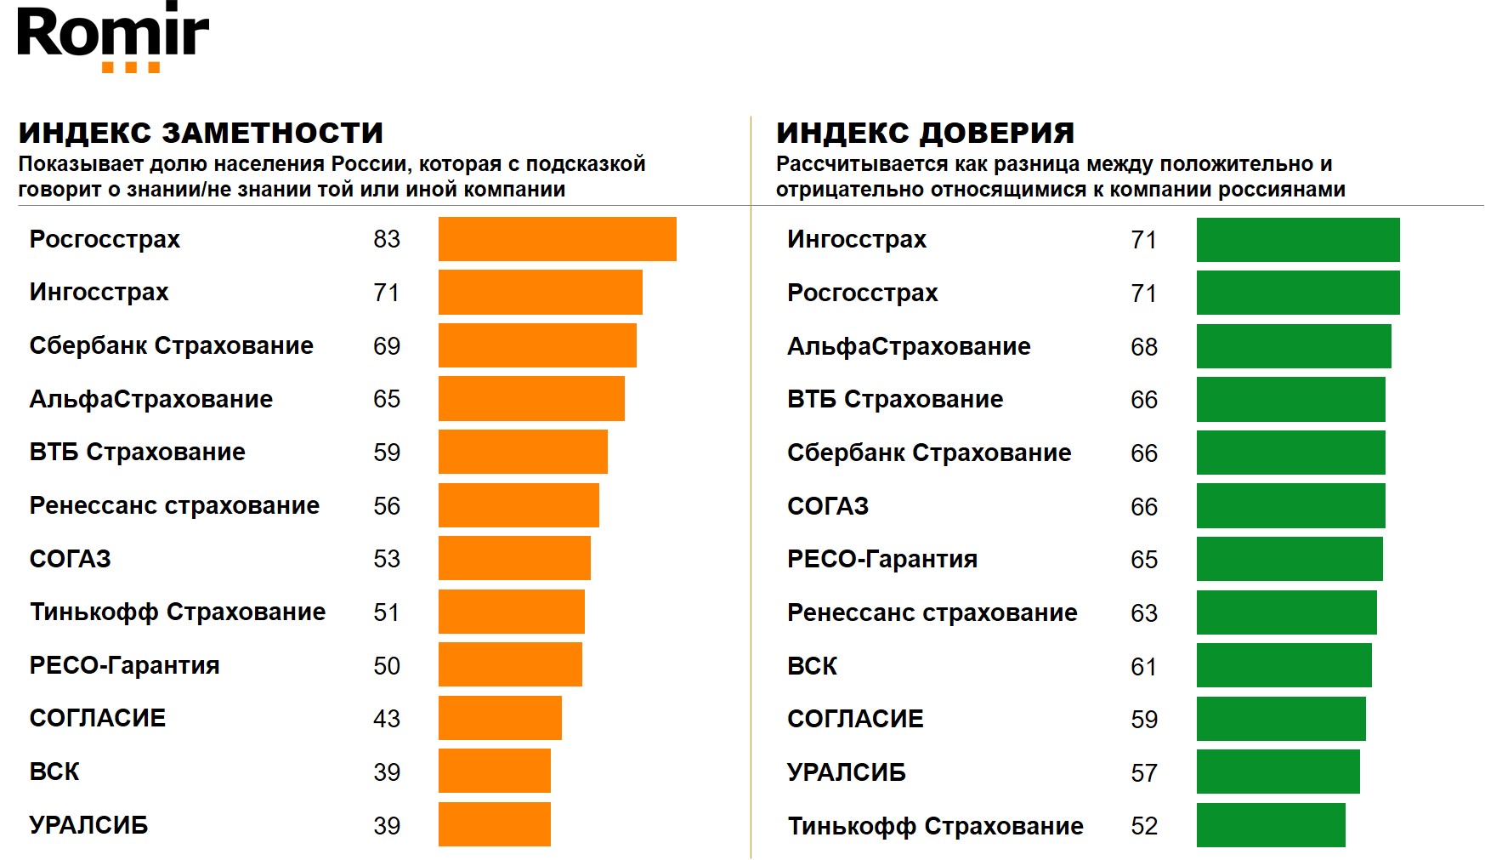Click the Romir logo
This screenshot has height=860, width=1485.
coord(112,37)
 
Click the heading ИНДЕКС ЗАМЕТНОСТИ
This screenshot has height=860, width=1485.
coord(201,133)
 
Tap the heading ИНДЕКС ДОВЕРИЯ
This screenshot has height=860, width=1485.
coord(925,133)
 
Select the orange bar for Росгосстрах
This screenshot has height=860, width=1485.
coord(557,239)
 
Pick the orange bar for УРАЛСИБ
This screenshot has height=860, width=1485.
coord(494,824)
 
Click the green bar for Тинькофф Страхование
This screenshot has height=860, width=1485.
coord(1270,825)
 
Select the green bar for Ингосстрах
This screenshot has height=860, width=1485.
coord(1297,240)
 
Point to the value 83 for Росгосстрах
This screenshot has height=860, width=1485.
coord(386,239)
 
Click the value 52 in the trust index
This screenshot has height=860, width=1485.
coord(1143,826)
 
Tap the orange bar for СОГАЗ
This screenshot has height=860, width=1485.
coord(514,558)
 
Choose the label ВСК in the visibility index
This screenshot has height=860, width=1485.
coord(54,772)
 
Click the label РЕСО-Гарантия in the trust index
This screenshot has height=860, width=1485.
coord(881,559)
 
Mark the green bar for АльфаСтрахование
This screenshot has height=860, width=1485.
coord(1293,346)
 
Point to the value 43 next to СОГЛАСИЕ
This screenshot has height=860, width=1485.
coord(386,719)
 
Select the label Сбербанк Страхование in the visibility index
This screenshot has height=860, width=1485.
coord(171,345)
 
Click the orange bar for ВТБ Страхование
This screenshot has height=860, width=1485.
coord(523,452)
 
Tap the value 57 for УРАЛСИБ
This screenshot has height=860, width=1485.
coord(1143,772)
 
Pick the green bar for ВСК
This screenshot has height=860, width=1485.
coord(1284,665)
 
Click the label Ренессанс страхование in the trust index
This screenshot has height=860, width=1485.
coord(932,612)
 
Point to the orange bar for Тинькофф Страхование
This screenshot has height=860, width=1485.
coord(511,612)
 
